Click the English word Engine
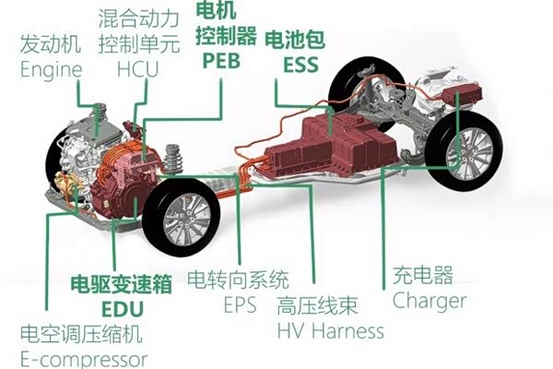(x=51, y=69)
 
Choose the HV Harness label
(x=330, y=329)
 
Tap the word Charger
(x=429, y=301)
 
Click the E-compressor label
(x=83, y=359)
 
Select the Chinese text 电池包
(x=294, y=40)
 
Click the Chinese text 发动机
(x=52, y=44)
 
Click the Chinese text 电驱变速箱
(x=124, y=284)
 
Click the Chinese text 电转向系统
(x=238, y=277)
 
